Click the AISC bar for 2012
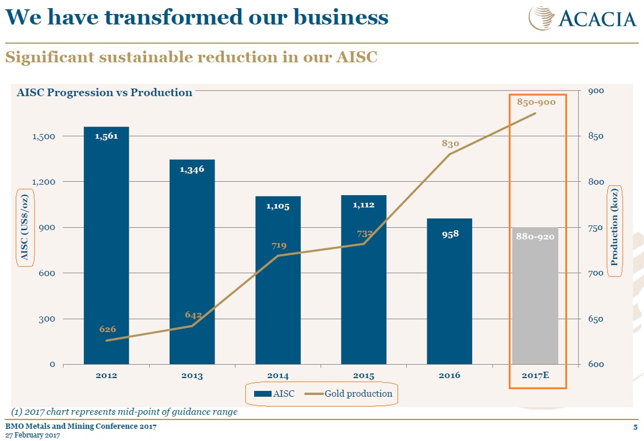coord(106,245)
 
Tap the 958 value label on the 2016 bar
coord(449,234)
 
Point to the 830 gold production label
coord(451,143)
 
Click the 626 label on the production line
coord(108,329)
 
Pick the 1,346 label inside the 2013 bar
coord(192,170)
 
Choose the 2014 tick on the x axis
coord(278,376)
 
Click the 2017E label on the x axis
coord(535,376)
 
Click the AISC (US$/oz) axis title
coord(24,228)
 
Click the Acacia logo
coord(583,17)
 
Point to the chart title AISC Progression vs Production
coord(104,92)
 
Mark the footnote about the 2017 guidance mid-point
coord(125,412)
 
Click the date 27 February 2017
coord(33,436)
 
